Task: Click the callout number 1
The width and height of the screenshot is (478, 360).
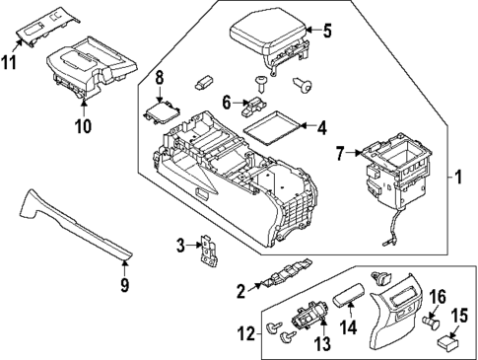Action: [457, 179]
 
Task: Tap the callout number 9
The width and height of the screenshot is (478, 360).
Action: [124, 286]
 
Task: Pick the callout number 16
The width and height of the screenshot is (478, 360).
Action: [440, 295]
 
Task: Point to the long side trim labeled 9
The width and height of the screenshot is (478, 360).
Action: [74, 227]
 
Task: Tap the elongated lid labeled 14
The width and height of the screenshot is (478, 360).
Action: [352, 295]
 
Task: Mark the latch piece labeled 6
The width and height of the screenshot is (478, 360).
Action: [255, 100]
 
